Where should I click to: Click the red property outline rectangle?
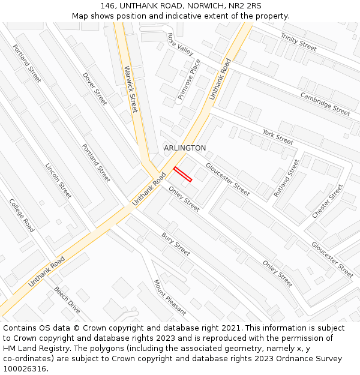[x=182, y=173]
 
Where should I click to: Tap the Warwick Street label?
[x=131, y=89]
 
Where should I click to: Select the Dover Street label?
[x=94, y=89]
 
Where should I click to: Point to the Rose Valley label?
[x=181, y=44]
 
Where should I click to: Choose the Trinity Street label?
[x=298, y=42]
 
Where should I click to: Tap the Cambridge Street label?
[x=325, y=103]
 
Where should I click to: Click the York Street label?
[x=278, y=137]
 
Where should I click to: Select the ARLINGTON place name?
[x=185, y=148]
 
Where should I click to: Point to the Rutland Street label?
[x=286, y=178]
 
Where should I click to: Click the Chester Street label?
[x=328, y=201]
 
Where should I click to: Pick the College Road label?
[x=22, y=215]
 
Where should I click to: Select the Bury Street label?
[x=176, y=244]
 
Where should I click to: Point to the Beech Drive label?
[x=67, y=299]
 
